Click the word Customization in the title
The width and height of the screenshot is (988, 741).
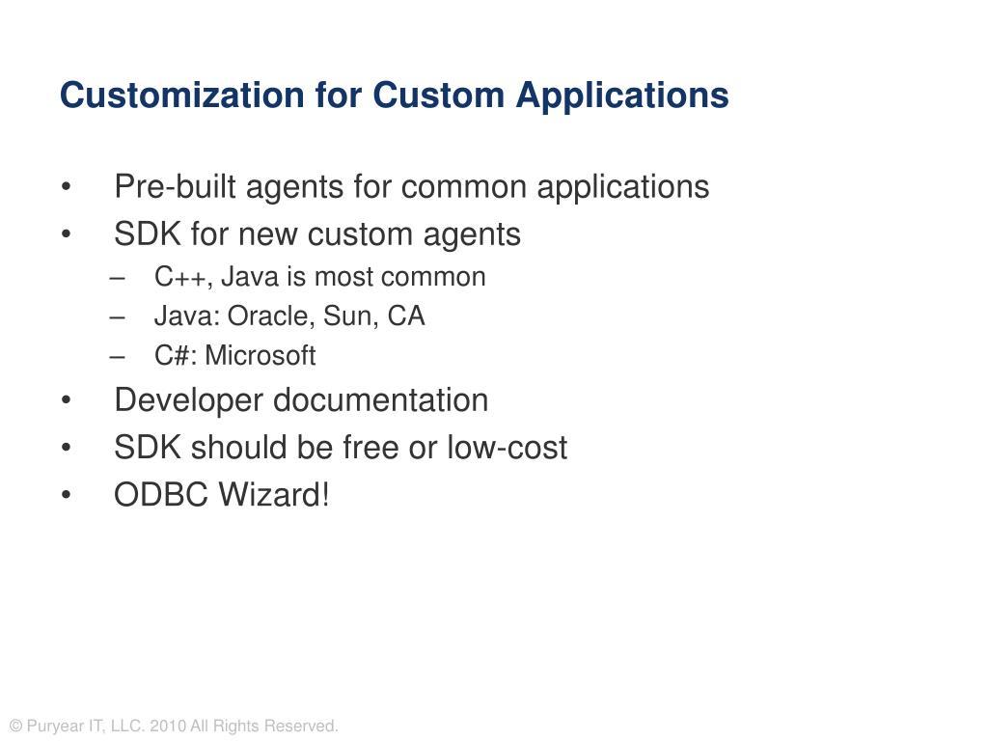click(x=181, y=96)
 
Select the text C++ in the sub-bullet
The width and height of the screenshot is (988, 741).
click(x=178, y=278)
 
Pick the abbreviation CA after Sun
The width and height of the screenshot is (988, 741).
click(x=406, y=316)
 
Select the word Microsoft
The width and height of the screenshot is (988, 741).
click(x=260, y=356)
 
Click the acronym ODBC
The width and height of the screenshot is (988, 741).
click(x=161, y=496)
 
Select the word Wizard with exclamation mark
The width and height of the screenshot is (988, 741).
click(x=275, y=496)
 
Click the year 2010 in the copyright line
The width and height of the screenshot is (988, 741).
click(x=168, y=727)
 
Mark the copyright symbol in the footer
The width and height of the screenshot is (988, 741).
click(x=15, y=727)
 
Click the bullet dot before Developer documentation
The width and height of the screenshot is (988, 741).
click(x=66, y=400)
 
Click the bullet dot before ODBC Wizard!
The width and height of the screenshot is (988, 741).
click(x=66, y=497)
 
